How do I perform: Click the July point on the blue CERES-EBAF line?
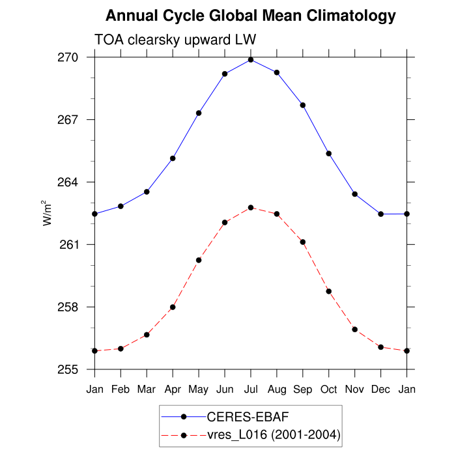pyautogui.click(x=251, y=60)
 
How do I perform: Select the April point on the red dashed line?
pyautogui.click(x=173, y=307)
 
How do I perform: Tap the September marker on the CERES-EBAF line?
pyautogui.click(x=303, y=105)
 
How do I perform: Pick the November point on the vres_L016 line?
pyautogui.click(x=355, y=330)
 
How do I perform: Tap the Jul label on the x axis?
pyautogui.click(x=251, y=390)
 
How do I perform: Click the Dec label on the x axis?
pyautogui.click(x=381, y=390)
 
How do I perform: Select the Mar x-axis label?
pyautogui.click(x=147, y=390)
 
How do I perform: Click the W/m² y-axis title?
pyautogui.click(x=48, y=213)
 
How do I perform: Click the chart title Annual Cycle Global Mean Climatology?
pyautogui.click(x=251, y=15)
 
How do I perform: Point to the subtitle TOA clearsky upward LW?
pyautogui.click(x=175, y=40)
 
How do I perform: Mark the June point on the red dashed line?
pyautogui.click(x=225, y=222)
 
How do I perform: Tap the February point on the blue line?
pyautogui.click(x=121, y=206)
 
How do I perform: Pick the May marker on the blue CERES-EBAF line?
pyautogui.click(x=199, y=113)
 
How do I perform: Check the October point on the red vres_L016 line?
pyautogui.click(x=329, y=291)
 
